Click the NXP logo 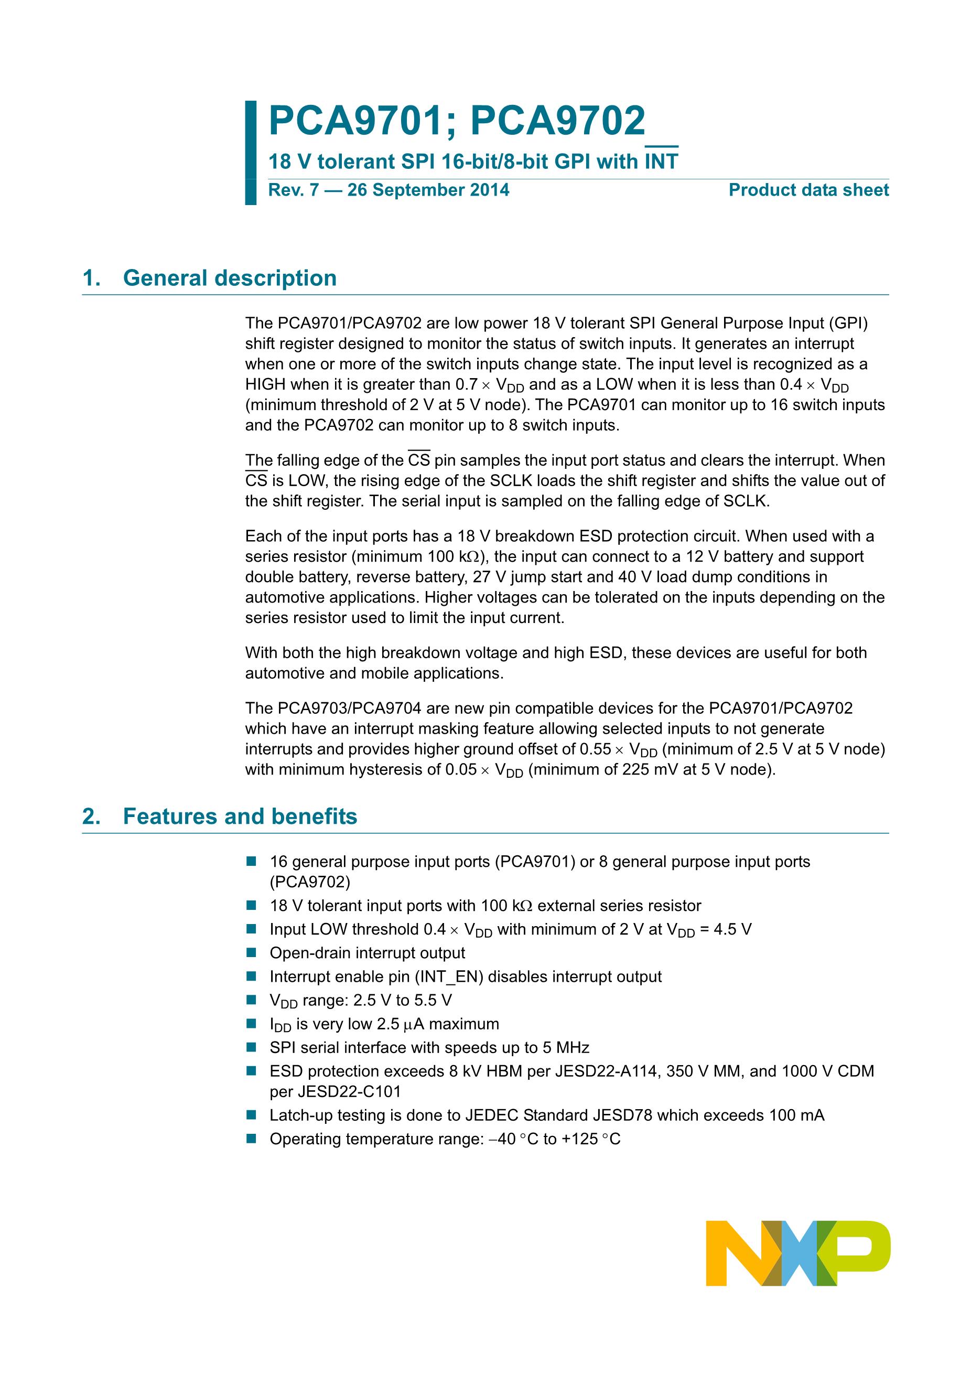(x=797, y=1252)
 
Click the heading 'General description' (x=230, y=278)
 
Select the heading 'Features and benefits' (x=240, y=816)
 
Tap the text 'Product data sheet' (x=808, y=190)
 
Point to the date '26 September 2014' (x=428, y=190)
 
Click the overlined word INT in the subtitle (x=661, y=161)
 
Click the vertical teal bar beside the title (x=251, y=153)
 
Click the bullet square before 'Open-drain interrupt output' (x=251, y=953)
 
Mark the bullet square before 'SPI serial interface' (x=251, y=1047)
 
